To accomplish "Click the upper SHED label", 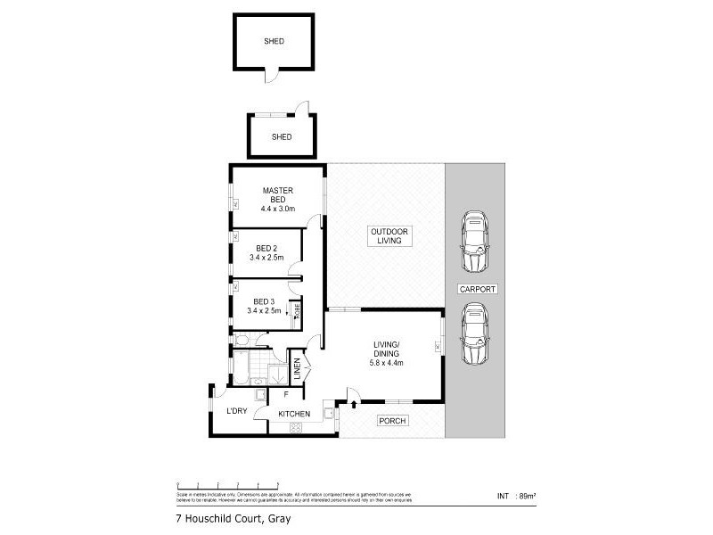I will tap(274, 41).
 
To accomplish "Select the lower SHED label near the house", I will tap(283, 136).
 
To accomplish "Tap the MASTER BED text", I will tap(277, 195).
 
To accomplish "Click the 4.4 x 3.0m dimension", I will tap(278, 209).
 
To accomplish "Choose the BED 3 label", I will tap(265, 300).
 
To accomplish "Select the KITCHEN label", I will tap(294, 414).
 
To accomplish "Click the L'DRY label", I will tap(236, 410).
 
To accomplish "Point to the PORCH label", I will tap(393, 420).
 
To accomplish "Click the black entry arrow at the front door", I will tap(355, 405).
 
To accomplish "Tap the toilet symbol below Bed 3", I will tap(242, 339).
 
